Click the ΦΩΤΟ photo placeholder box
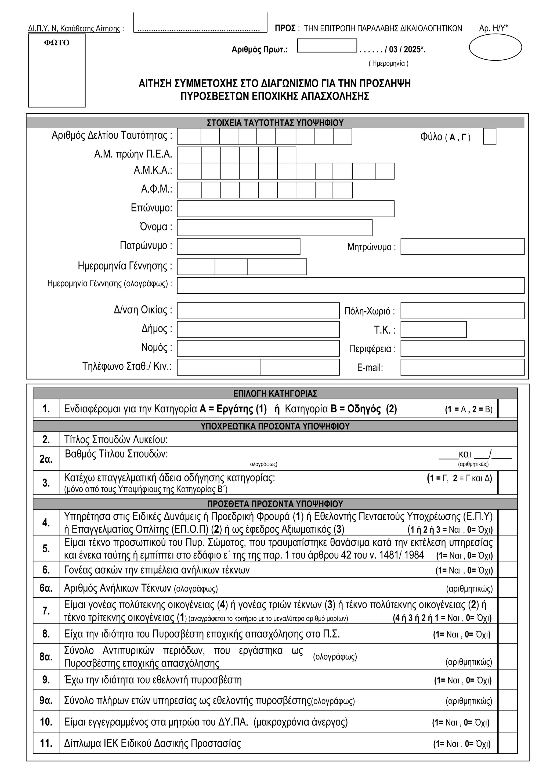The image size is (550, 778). (x=57, y=70)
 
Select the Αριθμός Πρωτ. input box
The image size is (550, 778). (x=327, y=46)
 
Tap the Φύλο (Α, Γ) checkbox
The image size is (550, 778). (x=489, y=136)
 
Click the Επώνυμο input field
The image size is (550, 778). (x=285, y=209)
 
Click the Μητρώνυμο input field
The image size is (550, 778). (x=462, y=246)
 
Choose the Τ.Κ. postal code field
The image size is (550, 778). (x=433, y=330)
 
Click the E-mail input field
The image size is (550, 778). (x=462, y=367)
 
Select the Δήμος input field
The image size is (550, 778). (x=258, y=330)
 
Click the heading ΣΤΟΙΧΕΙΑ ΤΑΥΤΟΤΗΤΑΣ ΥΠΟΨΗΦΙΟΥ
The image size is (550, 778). (x=275, y=123)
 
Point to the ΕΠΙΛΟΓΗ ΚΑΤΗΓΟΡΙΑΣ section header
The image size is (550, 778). (x=275, y=393)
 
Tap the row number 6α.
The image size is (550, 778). (x=46, y=588)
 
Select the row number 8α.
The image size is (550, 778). (x=46, y=657)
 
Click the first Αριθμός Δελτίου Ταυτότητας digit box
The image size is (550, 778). (x=189, y=136)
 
